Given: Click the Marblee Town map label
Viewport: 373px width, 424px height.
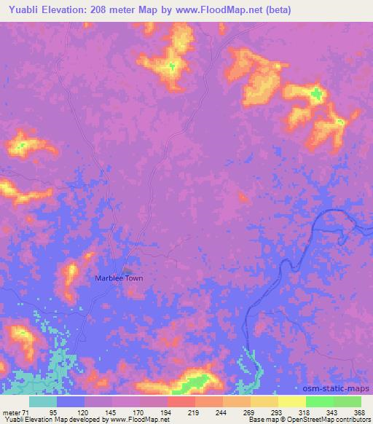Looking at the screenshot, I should tap(119, 278).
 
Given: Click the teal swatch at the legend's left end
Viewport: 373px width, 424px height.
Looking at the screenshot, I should tap(43, 401).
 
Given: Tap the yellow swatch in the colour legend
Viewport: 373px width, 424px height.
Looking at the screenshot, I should tap(291, 401).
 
